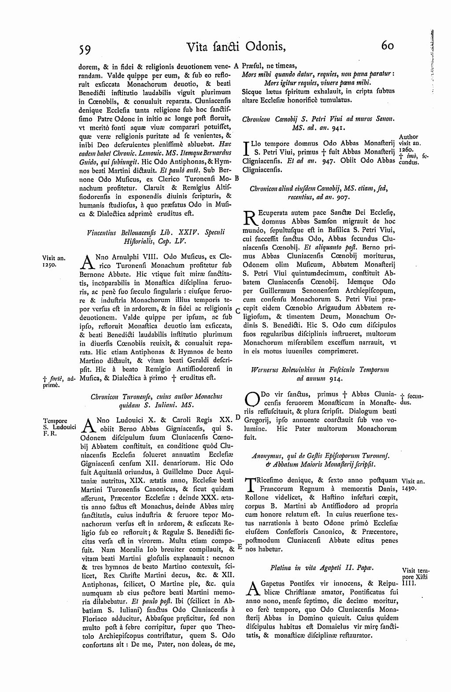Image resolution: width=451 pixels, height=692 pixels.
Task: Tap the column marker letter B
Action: click(x=237, y=179)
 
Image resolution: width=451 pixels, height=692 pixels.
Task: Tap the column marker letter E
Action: click(x=240, y=546)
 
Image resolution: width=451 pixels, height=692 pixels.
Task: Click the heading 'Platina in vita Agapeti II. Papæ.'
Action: click(x=320, y=567)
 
